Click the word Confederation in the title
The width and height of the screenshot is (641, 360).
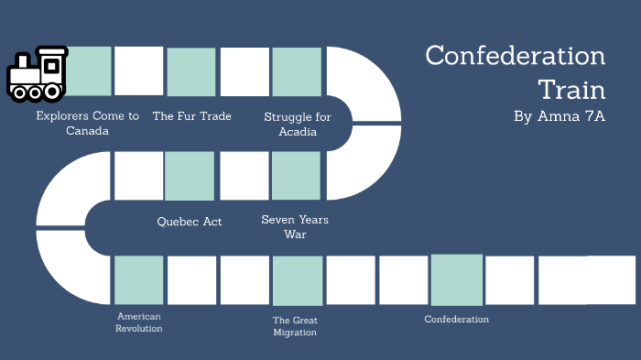coord(516,56)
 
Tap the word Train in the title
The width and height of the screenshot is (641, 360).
coord(571,89)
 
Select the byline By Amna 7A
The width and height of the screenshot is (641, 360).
coord(560,116)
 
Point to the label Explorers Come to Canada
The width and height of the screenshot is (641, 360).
coord(88,123)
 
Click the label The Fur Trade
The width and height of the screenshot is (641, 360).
coord(191,116)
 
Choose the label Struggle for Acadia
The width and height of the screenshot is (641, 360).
coord(298,124)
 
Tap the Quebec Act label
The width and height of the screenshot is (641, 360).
coord(190,221)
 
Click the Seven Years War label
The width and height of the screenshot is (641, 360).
coord(295,226)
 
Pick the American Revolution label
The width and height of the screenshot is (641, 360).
coord(139,322)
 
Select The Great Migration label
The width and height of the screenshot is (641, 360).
coord(295,326)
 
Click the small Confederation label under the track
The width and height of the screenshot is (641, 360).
coord(457,319)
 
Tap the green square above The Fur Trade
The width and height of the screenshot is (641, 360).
coord(191,72)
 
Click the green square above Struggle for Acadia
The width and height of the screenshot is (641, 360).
coord(297,72)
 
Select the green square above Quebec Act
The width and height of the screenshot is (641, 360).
coord(190,176)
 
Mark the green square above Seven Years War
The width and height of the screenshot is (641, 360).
coord(296,176)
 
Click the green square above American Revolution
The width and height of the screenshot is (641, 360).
coord(139,280)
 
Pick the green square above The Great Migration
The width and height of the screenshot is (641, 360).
coord(298,280)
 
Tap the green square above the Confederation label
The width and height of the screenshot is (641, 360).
coord(457,280)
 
